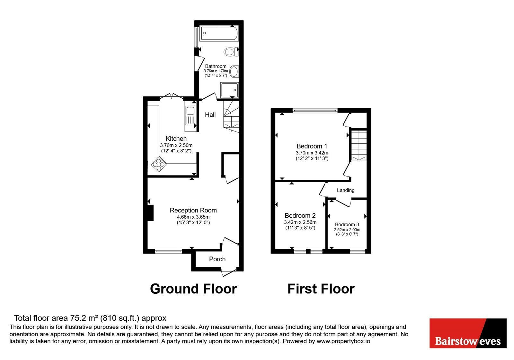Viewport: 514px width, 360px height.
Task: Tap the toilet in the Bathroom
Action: click(x=231, y=52)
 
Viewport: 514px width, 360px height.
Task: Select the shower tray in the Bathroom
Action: click(x=229, y=90)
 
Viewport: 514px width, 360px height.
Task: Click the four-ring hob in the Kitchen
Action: click(x=159, y=164)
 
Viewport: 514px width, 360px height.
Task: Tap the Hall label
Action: click(x=210, y=115)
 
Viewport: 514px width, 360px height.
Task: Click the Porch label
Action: click(x=217, y=259)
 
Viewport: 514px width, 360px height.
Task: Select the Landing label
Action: click(x=346, y=190)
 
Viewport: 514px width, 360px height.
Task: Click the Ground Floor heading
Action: click(x=193, y=289)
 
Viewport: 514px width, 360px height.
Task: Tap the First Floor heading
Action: click(x=321, y=289)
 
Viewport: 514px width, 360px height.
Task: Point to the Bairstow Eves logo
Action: click(x=468, y=333)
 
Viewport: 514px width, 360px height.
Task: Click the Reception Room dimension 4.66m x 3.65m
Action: click(x=193, y=217)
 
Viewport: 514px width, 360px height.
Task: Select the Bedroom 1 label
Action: click(x=312, y=146)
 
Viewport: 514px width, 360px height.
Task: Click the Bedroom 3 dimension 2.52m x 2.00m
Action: click(x=347, y=230)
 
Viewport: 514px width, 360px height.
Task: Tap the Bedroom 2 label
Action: click(x=300, y=215)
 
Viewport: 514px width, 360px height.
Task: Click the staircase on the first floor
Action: click(x=359, y=145)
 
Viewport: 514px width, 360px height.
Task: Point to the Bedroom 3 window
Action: click(x=358, y=251)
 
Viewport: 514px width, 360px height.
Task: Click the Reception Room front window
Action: click(x=168, y=251)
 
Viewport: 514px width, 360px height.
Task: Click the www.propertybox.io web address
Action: click(x=343, y=341)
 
